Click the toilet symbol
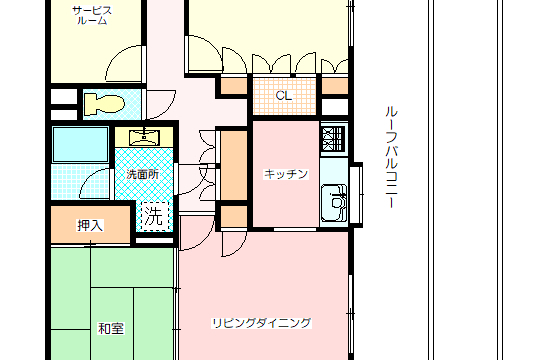pos(104,104)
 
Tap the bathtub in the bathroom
pos(80,144)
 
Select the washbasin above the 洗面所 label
pos(144,137)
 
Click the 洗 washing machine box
pos(155,216)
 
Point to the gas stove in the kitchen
pos(333,139)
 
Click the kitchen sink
pos(334,203)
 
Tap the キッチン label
pos(286,174)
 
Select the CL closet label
pos(284,96)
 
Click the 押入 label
pos(90,225)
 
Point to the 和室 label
pos(111,328)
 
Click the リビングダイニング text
pos(262,323)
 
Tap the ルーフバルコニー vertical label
pos(391,157)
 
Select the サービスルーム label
pos(92,16)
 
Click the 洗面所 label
pos(142,174)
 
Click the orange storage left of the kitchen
pos(234,165)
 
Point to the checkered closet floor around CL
pos(284,96)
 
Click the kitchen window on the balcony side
pos(356,195)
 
